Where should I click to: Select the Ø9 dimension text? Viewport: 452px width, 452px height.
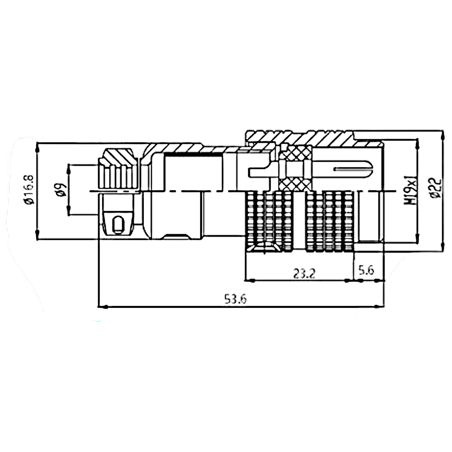61,190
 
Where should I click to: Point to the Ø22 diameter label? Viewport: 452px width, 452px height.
435,188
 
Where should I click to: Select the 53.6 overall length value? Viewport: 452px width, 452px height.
235,299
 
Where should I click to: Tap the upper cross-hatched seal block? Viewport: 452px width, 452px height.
296,153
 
